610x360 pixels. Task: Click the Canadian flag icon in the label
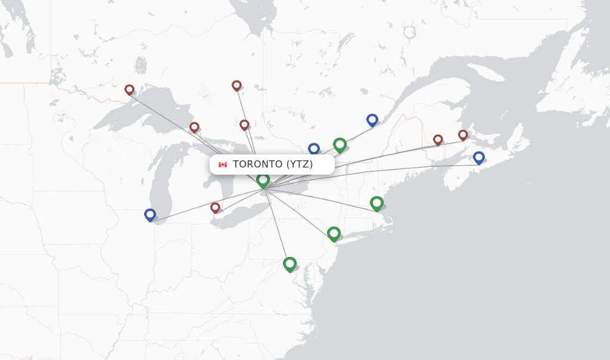(223, 165)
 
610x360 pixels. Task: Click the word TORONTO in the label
(257, 165)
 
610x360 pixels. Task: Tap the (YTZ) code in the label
(300, 165)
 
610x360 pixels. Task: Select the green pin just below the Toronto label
(263, 179)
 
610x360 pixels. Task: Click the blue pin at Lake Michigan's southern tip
(150, 215)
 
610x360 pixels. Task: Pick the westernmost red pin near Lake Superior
(129, 89)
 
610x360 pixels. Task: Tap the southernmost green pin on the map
(290, 263)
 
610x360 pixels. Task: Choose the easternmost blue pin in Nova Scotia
(478, 157)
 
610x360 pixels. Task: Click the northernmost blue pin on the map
(372, 120)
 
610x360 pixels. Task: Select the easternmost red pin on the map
(463, 135)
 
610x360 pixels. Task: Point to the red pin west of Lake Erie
(215, 207)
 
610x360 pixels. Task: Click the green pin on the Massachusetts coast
(376, 203)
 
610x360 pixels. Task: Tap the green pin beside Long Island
(334, 233)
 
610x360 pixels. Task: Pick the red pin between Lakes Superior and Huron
(194, 127)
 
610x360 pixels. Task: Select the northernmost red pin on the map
(236, 85)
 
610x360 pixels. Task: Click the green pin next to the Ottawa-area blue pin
(340, 144)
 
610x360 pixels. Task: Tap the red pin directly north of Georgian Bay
(244, 125)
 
